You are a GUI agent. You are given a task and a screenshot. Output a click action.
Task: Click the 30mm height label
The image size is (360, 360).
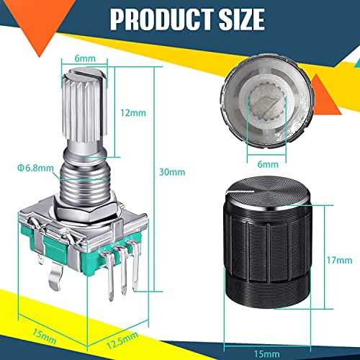[x=173, y=172]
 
